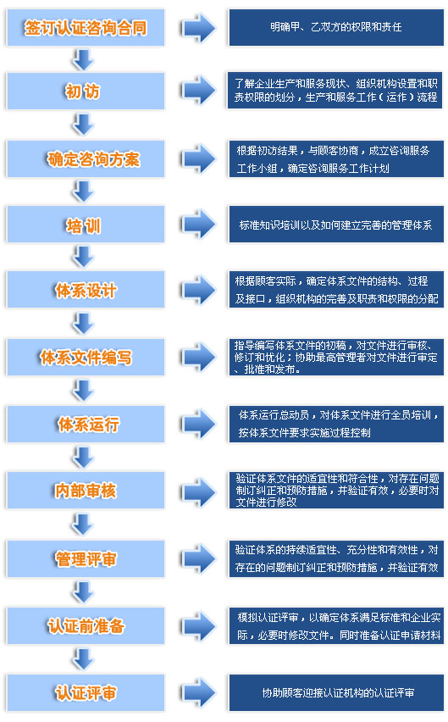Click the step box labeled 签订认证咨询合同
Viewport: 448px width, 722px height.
pos(86,28)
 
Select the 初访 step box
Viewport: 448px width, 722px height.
pos(86,92)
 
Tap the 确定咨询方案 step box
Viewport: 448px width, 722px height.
pos(86,158)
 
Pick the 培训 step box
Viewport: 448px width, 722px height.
pos(86,225)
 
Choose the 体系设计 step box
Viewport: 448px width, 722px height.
pos(86,290)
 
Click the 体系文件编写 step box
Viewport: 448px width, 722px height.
pos(86,357)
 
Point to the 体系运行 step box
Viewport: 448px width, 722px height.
pos(86,424)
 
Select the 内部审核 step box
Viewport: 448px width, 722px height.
pos(86,491)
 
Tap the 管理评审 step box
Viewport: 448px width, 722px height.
pos(86,559)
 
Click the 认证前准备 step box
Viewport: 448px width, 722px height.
pos(86,625)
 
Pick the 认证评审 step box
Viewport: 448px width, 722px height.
pos(86,693)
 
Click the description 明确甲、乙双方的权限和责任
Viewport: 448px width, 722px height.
pos(336,28)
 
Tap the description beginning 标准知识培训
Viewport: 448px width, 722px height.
pos(336,225)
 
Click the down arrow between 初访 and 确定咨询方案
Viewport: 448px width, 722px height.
pos(83,125)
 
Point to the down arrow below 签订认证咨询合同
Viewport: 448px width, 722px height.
pos(83,59)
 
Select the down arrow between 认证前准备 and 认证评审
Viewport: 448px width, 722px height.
pos(83,659)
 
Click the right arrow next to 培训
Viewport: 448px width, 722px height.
pos(199,225)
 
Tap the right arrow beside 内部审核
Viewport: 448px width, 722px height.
pos(199,491)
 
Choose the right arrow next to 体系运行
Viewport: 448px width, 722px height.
pos(199,424)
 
